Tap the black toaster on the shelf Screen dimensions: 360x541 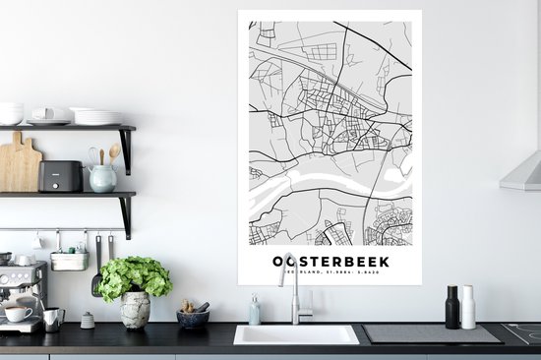tap(60, 176)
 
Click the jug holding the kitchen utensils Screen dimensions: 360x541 tap(101, 178)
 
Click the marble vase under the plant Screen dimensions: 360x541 tap(135, 309)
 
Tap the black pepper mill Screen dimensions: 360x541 tap(451, 307)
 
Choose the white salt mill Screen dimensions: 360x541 tap(468, 307)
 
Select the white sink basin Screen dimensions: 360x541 tap(295, 335)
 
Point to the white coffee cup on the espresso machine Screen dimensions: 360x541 tap(18, 314)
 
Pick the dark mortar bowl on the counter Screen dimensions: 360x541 tap(193, 318)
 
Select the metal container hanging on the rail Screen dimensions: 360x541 tap(69, 260)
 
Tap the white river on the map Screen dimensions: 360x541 tap(325, 180)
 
